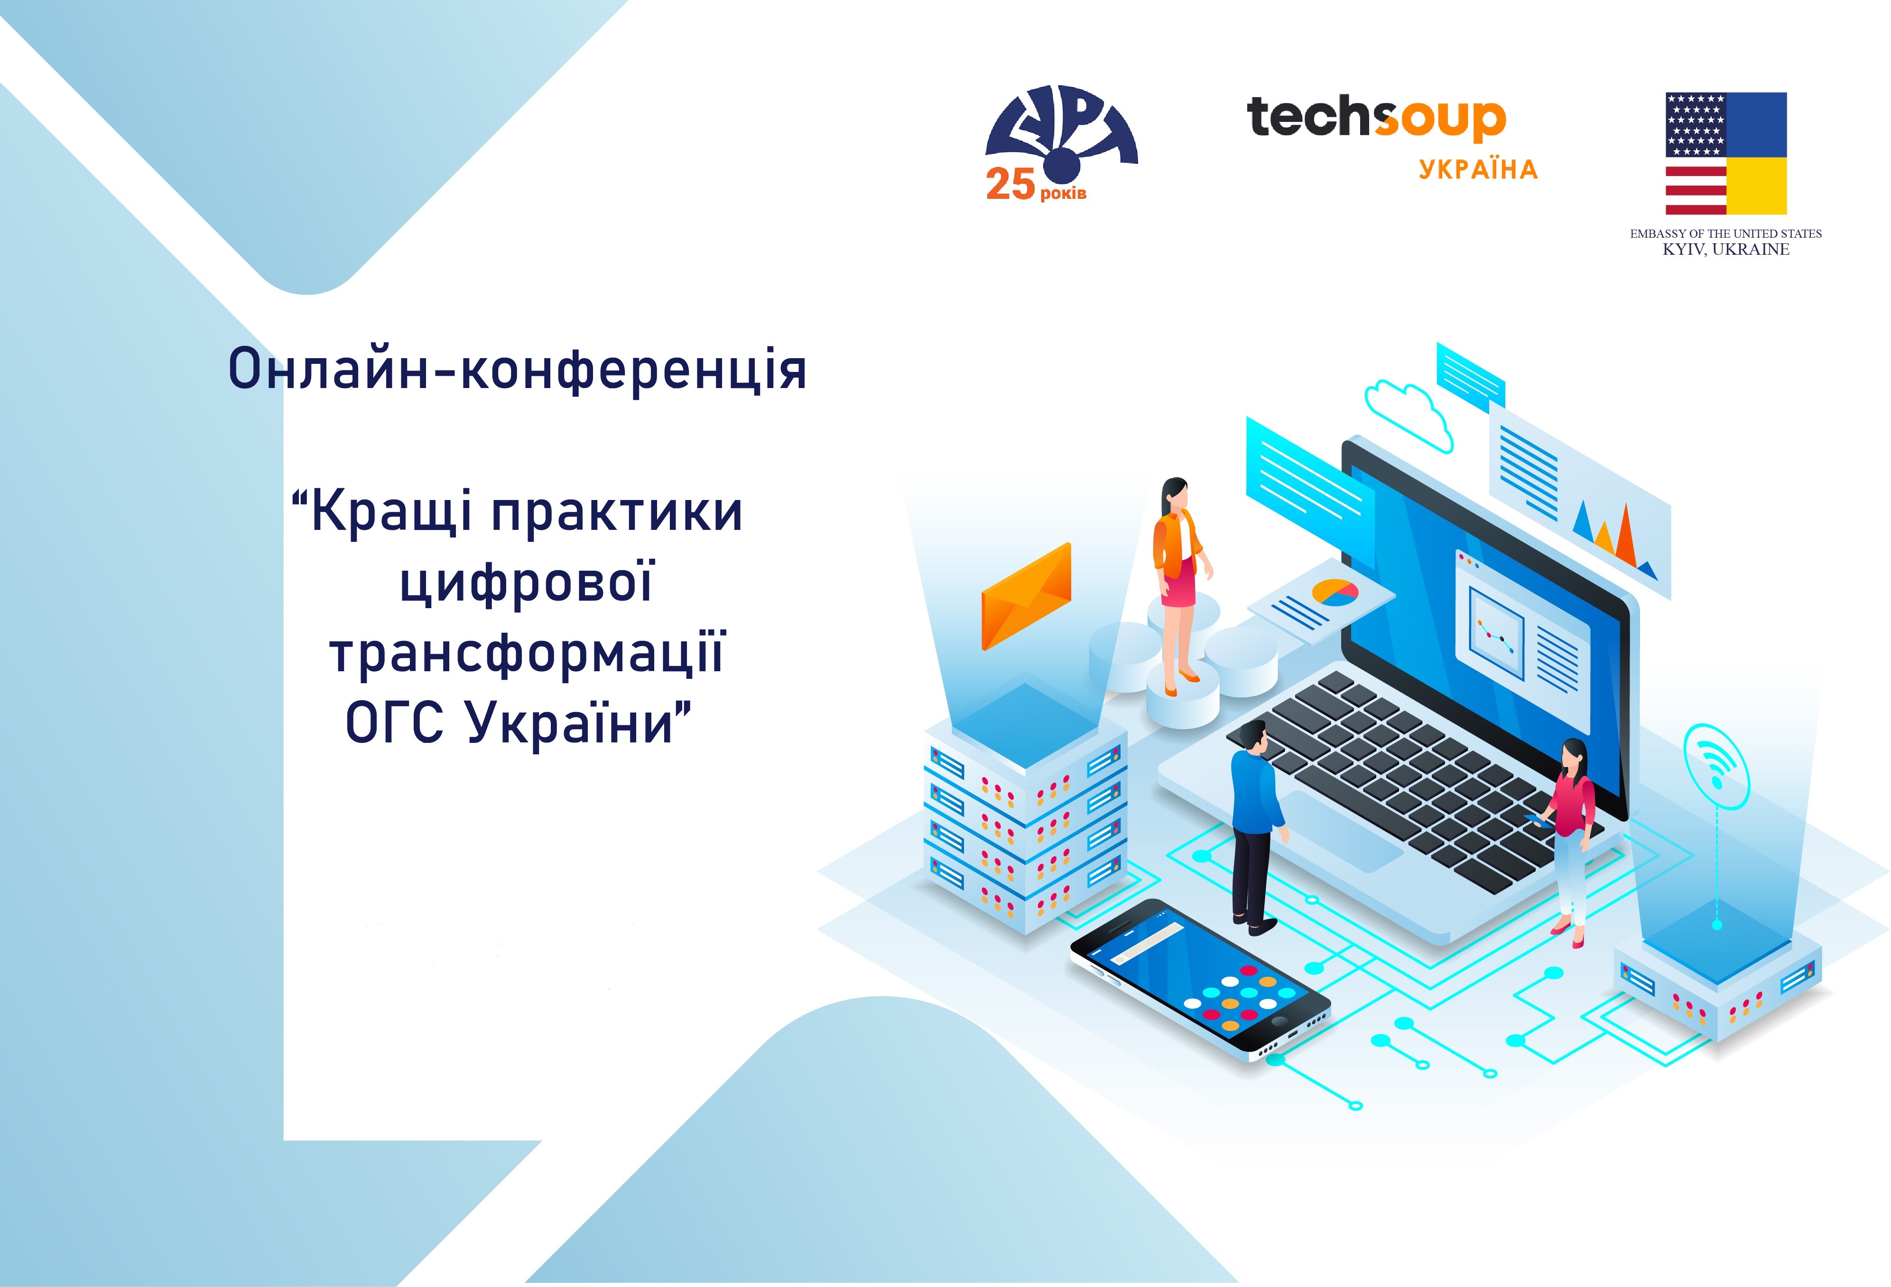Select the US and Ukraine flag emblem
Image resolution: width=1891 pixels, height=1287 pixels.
coord(1726,154)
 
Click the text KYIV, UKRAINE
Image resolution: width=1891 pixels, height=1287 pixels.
coord(1726,250)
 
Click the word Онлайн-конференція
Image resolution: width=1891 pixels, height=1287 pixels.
coord(518,370)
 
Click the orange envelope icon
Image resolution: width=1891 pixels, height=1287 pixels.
coord(1026,596)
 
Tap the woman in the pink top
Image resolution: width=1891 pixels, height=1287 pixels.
coord(1570,842)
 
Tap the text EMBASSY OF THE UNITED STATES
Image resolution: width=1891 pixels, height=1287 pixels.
coord(1726,233)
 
